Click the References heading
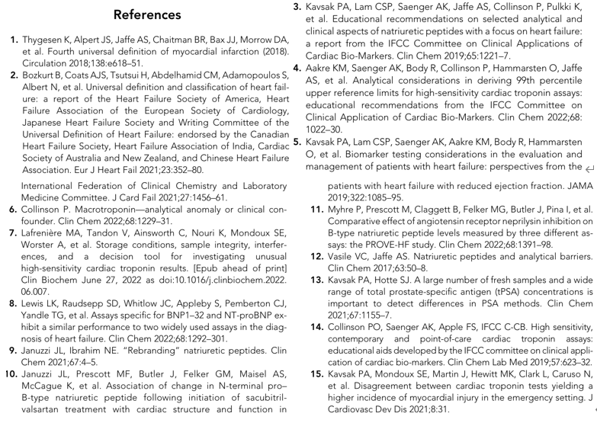pos(147,15)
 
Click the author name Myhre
pos(345,210)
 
